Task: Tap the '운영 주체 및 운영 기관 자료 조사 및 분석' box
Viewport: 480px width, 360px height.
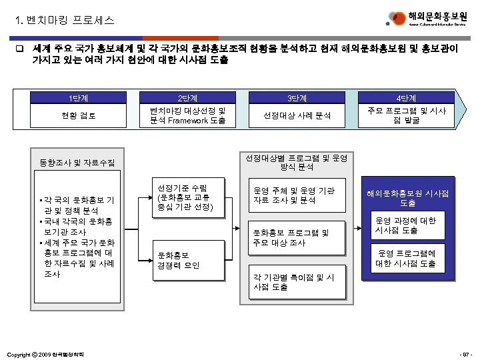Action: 296,195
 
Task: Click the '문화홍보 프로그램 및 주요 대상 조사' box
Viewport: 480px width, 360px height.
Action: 296,237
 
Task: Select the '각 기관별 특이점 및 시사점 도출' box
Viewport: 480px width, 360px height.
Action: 296,282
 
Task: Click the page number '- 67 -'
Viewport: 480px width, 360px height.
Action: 463,353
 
